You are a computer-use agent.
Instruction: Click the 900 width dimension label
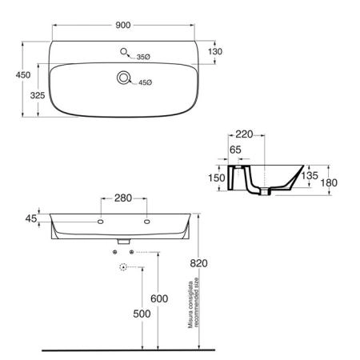coord(123,25)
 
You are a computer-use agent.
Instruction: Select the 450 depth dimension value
coord(23,75)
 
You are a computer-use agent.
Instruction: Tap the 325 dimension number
coord(38,95)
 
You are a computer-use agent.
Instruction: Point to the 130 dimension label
coord(215,51)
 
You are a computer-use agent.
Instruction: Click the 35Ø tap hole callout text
coord(143,57)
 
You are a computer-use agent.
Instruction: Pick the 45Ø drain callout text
coord(145,82)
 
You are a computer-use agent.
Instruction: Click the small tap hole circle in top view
coord(123,51)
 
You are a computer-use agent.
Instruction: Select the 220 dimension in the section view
coord(244,134)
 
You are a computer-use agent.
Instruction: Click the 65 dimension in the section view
coord(235,150)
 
